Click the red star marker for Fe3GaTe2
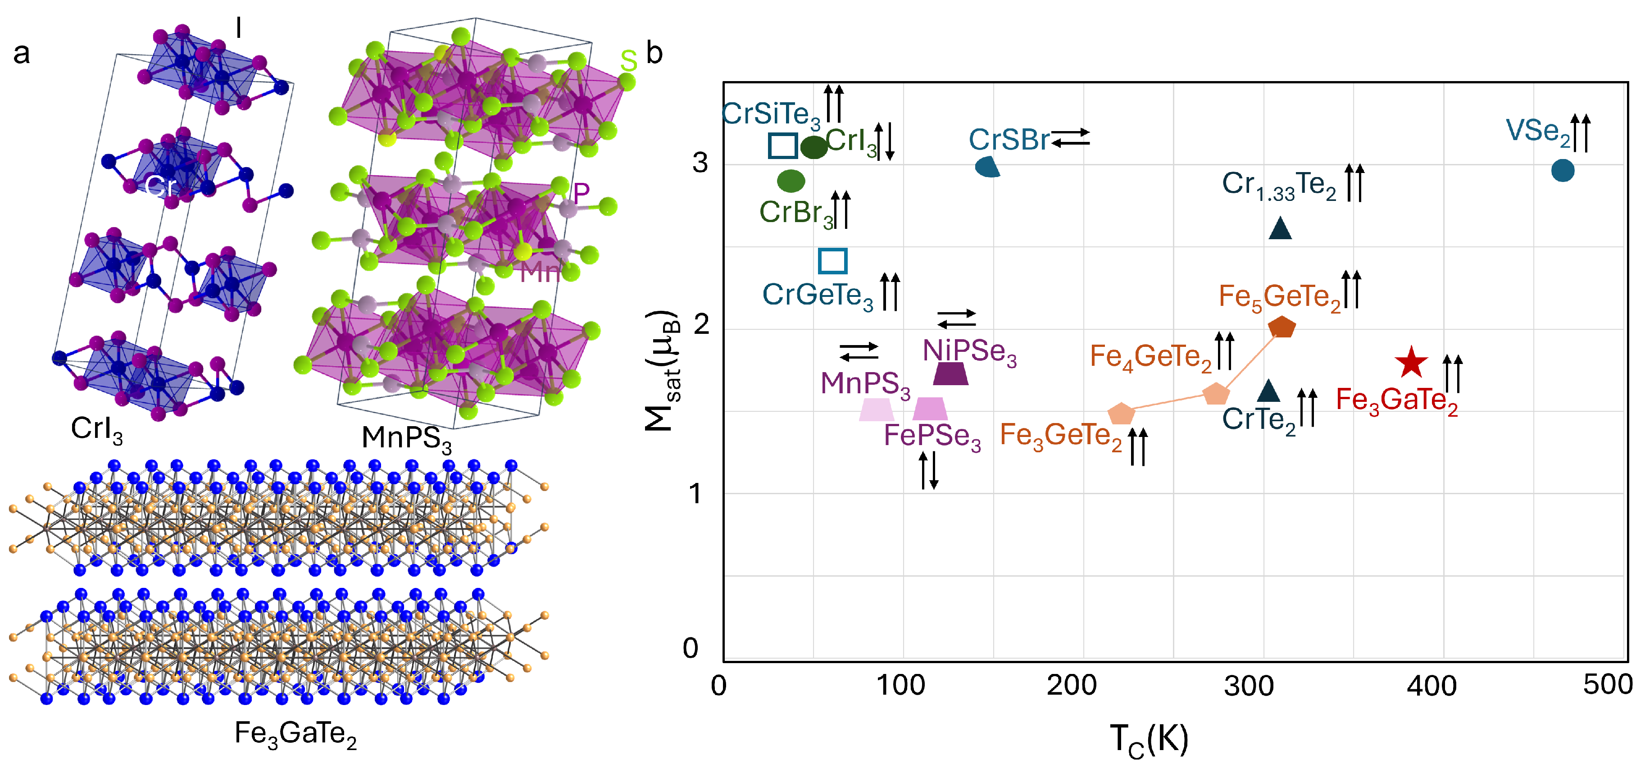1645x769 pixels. point(1411,363)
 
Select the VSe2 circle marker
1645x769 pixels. point(1562,171)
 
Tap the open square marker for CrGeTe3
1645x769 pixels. point(832,260)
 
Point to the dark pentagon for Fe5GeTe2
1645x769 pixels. point(1281,327)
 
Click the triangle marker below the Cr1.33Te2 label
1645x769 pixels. point(1280,229)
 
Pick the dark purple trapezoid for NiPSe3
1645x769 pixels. point(950,373)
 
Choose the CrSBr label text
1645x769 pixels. point(1009,140)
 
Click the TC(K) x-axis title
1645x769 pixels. point(1149,740)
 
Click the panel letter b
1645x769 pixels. point(654,53)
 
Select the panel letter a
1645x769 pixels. point(21,54)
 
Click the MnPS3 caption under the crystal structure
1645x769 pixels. point(406,439)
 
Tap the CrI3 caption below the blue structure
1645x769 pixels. point(96,429)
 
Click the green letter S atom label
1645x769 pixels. point(628,61)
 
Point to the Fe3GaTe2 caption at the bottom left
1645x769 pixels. point(295,734)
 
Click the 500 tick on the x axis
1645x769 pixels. point(1607,685)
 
